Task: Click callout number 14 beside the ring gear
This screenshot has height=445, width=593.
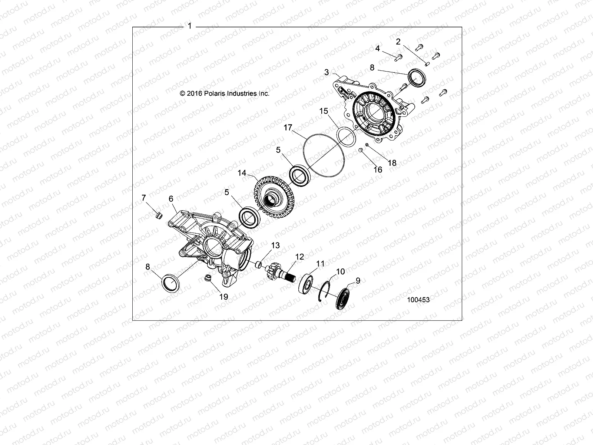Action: (242, 173)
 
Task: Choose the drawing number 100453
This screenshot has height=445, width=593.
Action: (418, 300)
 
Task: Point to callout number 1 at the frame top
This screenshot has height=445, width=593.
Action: (190, 26)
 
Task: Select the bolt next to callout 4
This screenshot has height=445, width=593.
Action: (398, 57)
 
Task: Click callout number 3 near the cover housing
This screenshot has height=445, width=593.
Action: (327, 72)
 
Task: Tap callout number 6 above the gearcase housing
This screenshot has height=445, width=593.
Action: (171, 199)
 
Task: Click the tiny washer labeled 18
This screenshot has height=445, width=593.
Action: (367, 145)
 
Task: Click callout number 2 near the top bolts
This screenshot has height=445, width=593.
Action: (398, 42)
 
